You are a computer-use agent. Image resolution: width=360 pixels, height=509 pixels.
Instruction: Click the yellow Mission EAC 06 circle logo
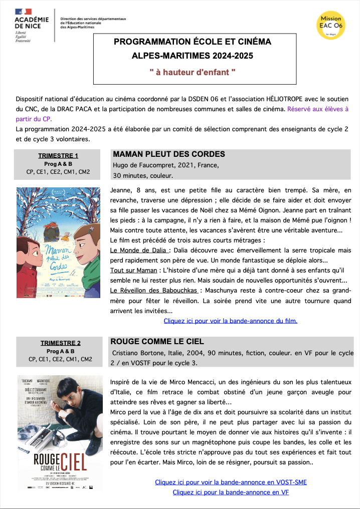[330, 23]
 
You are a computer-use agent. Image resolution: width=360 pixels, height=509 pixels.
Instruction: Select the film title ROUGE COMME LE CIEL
[157, 341]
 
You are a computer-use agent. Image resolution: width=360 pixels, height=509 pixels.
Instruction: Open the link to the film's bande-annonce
[230, 321]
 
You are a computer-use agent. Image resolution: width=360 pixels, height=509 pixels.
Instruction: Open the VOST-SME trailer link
[231, 482]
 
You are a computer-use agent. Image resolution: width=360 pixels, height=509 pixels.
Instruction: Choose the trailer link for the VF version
[231, 492]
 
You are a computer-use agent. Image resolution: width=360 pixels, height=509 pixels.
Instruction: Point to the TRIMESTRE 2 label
[60, 343]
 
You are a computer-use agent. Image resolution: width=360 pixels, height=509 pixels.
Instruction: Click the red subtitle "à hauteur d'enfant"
[193, 72]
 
